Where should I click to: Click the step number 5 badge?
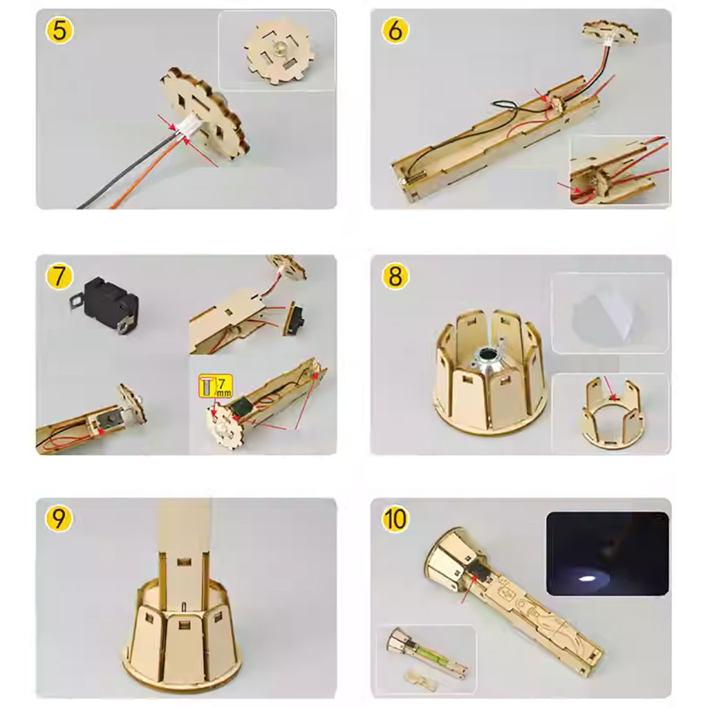click(x=59, y=30)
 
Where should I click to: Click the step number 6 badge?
click(x=395, y=30)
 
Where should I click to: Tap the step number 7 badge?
click(x=59, y=277)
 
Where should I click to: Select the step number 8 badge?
click(x=395, y=277)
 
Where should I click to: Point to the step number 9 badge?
click(x=59, y=519)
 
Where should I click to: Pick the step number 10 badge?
click(x=395, y=519)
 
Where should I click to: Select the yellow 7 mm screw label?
click(x=216, y=386)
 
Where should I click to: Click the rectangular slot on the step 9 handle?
click(x=184, y=562)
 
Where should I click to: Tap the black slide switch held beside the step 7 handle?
click(x=295, y=318)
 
